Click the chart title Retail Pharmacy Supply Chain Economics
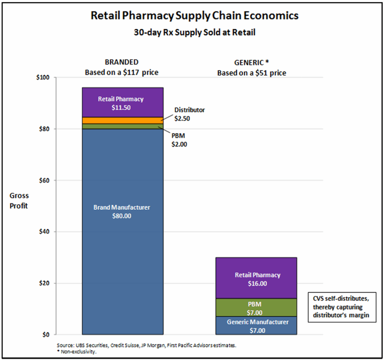[x=195, y=16]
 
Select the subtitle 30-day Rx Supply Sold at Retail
[x=195, y=32]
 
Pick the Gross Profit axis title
[x=19, y=201]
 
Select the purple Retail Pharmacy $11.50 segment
[x=123, y=102]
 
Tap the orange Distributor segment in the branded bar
[x=123, y=120]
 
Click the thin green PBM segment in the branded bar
[x=123, y=126]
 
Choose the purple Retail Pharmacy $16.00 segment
[x=256, y=278]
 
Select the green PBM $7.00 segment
[x=256, y=307]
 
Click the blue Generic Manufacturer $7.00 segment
[x=256, y=326]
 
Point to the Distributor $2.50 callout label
[x=189, y=113]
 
